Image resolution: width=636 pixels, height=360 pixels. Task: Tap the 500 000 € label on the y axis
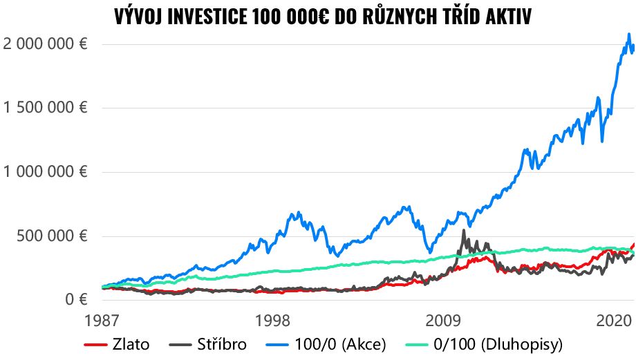click(53, 236)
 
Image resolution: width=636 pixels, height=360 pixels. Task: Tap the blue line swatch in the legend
click(288, 344)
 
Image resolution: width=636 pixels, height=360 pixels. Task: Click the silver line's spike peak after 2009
click(463, 230)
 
